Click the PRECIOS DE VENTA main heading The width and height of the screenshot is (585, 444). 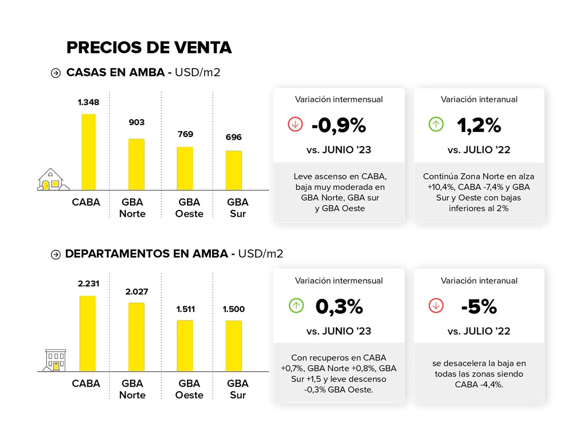[x=149, y=48]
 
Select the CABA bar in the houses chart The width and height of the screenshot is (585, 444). [x=88, y=152]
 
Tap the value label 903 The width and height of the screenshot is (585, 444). [x=136, y=122]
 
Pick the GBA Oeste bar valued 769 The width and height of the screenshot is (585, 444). [x=185, y=168]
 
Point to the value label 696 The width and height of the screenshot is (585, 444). [x=233, y=137]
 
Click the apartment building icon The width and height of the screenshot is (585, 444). [x=55, y=360]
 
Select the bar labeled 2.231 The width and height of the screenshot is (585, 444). [x=87, y=334]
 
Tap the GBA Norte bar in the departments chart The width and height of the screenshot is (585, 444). [x=136, y=337]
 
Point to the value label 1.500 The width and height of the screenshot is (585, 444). [x=233, y=309]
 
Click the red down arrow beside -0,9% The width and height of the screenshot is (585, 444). [x=295, y=125]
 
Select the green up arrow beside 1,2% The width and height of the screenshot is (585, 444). [x=436, y=125]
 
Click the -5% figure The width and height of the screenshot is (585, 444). [x=479, y=306]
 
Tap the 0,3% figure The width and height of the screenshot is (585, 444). [x=339, y=306]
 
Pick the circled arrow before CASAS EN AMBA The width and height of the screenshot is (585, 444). [x=55, y=73]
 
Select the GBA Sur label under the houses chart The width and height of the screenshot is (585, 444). [x=238, y=208]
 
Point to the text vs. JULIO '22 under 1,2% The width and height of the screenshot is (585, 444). [x=479, y=150]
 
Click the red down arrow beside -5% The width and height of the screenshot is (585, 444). [x=436, y=306]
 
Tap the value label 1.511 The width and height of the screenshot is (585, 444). [x=185, y=309]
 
